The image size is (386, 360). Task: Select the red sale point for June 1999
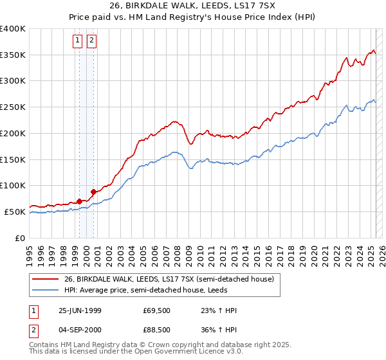(x=80, y=201)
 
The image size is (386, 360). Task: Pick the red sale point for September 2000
(x=93, y=191)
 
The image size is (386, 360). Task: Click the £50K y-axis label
(x=15, y=212)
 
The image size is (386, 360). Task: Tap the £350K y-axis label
(x=13, y=55)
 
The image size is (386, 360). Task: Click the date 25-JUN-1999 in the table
(x=80, y=310)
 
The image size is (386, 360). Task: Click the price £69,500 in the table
(x=157, y=310)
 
